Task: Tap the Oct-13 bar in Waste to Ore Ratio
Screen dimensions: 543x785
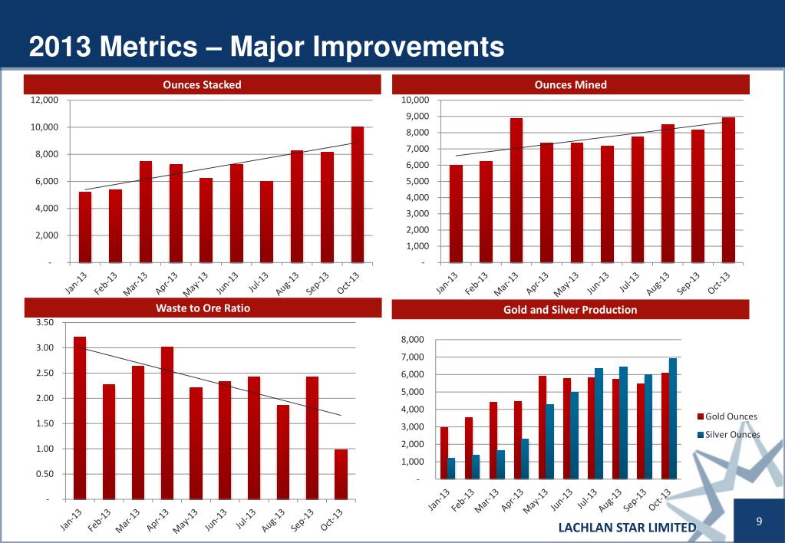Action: (x=341, y=474)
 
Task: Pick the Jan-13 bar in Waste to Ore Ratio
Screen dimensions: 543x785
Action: (x=80, y=418)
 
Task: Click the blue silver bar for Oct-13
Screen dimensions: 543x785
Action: (x=673, y=419)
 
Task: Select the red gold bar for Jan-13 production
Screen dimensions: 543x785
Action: (x=444, y=453)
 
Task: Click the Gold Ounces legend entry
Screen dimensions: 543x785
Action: (x=731, y=416)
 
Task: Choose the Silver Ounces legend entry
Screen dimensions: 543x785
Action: (x=731, y=434)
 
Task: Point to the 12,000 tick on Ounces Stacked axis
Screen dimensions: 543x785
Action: (x=45, y=100)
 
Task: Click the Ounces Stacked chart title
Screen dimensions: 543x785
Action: (x=203, y=84)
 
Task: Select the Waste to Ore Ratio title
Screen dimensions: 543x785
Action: (x=203, y=308)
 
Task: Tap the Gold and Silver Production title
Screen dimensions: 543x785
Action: (x=570, y=310)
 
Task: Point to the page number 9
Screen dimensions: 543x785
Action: (x=758, y=522)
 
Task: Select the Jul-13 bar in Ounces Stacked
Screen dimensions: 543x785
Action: (x=267, y=222)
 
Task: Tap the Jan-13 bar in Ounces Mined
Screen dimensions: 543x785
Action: (x=457, y=214)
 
